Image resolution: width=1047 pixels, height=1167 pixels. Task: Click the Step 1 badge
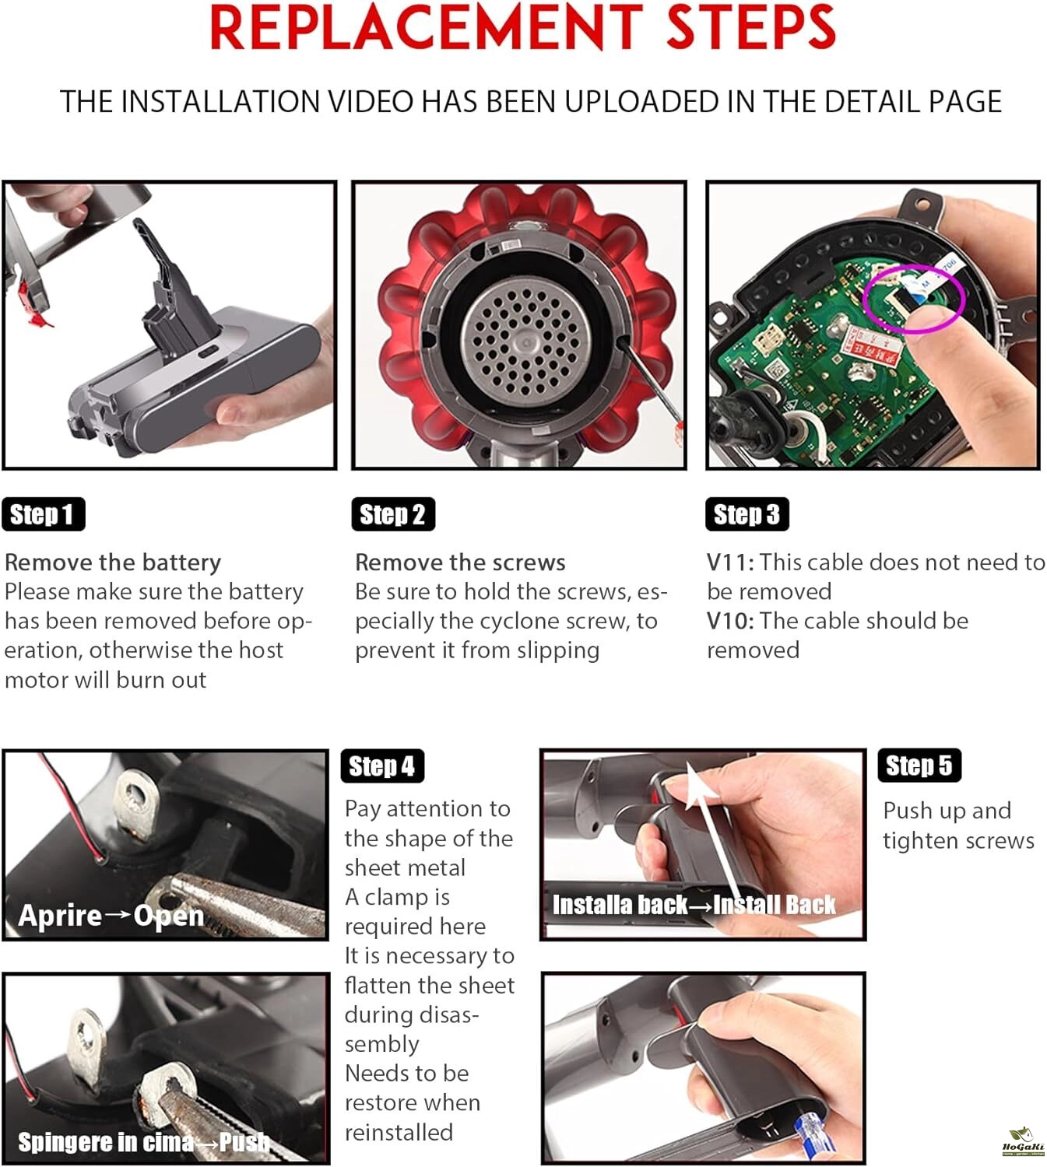44,513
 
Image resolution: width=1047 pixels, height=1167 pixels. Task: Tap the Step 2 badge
393,513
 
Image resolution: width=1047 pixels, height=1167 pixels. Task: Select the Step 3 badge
747,513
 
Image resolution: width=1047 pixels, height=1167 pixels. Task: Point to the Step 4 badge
382,766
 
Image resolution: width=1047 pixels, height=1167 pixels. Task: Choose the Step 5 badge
919,766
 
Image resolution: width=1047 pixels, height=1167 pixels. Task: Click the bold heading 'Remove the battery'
113,562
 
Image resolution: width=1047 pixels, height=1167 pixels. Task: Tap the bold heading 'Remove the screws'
460,562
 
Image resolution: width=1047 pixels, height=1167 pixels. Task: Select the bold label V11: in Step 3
730,562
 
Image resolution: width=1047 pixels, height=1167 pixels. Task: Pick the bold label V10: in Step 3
730,621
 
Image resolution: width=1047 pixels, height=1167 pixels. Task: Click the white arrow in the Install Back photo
715,842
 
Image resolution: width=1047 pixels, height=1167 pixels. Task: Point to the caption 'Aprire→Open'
111,915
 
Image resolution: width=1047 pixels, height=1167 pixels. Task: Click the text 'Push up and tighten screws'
959,825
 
